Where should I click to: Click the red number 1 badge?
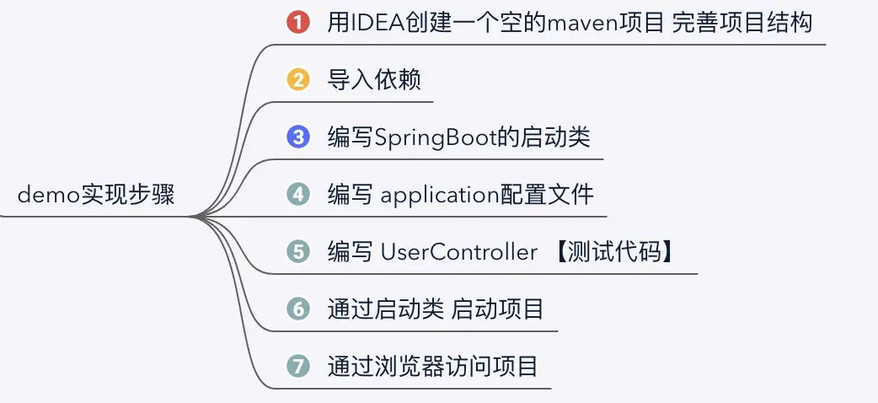[x=298, y=23]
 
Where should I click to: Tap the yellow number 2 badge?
[x=298, y=80]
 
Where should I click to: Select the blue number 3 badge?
[x=298, y=137]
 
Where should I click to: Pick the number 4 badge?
[x=298, y=195]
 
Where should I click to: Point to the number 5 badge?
[x=298, y=252]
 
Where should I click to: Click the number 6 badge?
[x=298, y=309]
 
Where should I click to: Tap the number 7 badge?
[x=298, y=367]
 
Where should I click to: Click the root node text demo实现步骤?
[x=96, y=196]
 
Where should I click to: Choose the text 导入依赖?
[x=374, y=80]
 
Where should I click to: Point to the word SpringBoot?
[x=427, y=137]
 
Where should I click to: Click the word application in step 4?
[x=441, y=195]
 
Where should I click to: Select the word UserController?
[x=459, y=252]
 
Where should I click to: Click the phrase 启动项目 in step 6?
[x=498, y=309]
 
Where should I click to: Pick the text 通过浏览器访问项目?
[x=432, y=367]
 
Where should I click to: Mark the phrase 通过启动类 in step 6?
[x=385, y=309]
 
